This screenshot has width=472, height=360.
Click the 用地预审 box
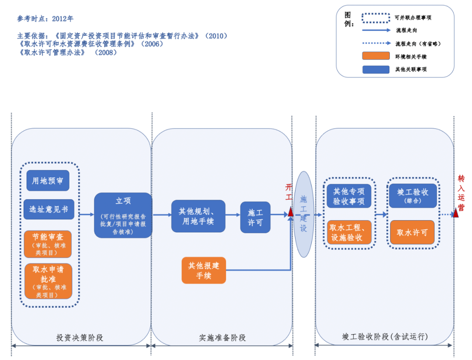click(48, 180)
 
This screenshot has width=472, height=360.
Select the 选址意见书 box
click(49, 209)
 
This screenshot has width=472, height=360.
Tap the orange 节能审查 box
click(48, 244)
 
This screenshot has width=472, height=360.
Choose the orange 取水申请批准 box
click(48, 281)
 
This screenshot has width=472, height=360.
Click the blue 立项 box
click(123, 215)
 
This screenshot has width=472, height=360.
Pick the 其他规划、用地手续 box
click(198, 216)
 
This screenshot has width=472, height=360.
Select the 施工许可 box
click(255, 217)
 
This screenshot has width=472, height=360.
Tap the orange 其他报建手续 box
click(204, 270)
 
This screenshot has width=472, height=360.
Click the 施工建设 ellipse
click(304, 214)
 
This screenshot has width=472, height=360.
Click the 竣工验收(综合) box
click(413, 196)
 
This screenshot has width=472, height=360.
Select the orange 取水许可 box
click(413, 232)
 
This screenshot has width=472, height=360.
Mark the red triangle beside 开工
click(290, 213)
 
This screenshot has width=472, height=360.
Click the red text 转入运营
click(461, 192)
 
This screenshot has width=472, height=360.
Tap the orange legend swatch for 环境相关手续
click(376, 56)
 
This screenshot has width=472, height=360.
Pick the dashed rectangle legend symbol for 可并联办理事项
click(376, 18)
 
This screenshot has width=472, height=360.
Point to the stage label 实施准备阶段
click(222, 338)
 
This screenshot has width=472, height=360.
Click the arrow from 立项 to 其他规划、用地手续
click(162, 215)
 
